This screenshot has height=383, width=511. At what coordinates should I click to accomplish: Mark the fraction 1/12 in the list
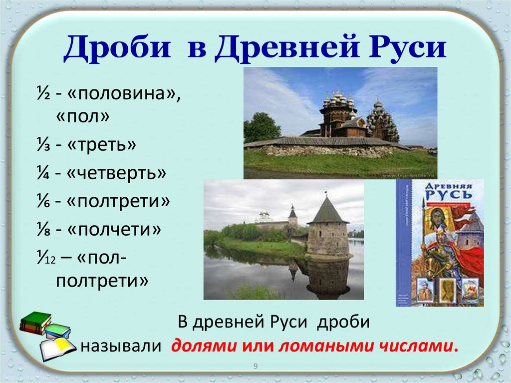click(45, 259)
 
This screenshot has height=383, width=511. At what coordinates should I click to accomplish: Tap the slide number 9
click(255, 367)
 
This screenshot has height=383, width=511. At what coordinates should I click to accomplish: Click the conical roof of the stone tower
click(327, 211)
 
